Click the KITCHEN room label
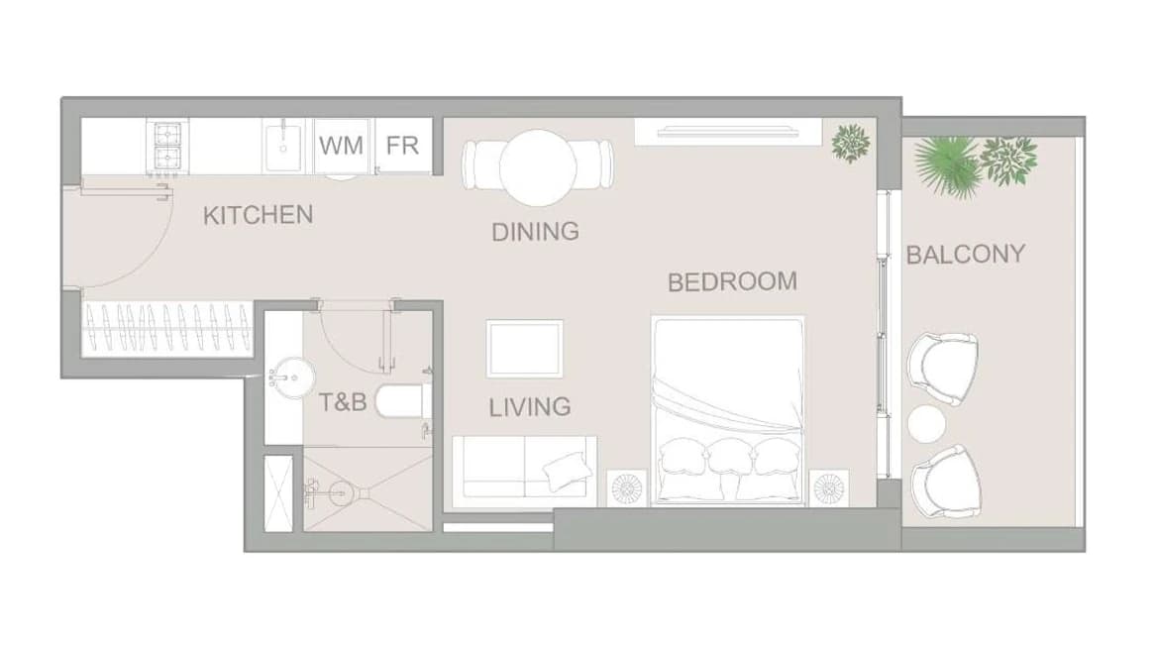click(258, 215)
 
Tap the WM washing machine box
click(341, 146)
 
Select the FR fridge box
click(402, 146)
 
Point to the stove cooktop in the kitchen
click(167, 147)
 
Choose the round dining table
click(538, 168)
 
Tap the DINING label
click(535, 232)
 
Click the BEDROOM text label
click(732, 281)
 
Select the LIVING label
click(530, 407)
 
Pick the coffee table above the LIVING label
click(525, 349)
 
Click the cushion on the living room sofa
click(567, 471)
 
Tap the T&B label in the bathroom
click(343, 402)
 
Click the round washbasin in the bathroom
click(292, 378)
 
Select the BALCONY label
click(966, 255)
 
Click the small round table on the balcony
click(927, 425)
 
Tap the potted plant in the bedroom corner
click(851, 143)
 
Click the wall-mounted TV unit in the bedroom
click(728, 132)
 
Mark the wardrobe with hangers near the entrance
click(167, 330)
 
